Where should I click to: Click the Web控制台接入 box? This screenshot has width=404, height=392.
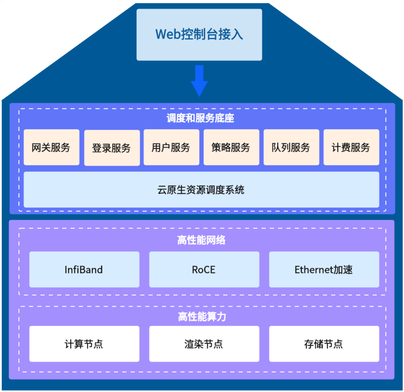[199, 35]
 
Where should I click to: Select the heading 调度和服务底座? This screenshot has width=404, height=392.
[200, 119]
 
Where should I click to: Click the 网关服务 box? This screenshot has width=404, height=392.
[51, 147]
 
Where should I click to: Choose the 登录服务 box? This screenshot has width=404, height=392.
[111, 148]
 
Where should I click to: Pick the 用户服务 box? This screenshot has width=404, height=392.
[171, 147]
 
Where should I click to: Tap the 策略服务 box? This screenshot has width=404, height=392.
[231, 147]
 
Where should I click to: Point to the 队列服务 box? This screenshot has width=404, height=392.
[291, 147]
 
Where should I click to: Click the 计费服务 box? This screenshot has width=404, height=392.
[351, 147]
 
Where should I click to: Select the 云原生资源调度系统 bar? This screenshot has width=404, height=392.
[201, 189]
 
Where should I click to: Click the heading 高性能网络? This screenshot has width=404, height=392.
[202, 240]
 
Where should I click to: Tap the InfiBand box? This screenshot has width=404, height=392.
[84, 270]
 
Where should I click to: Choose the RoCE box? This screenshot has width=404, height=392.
[204, 270]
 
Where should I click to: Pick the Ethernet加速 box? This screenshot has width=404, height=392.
[324, 270]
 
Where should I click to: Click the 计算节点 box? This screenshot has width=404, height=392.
[84, 344]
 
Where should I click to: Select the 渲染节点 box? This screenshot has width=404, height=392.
[204, 344]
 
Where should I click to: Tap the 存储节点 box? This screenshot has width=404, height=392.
[324, 344]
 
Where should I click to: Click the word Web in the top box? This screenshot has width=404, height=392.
[166, 34]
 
